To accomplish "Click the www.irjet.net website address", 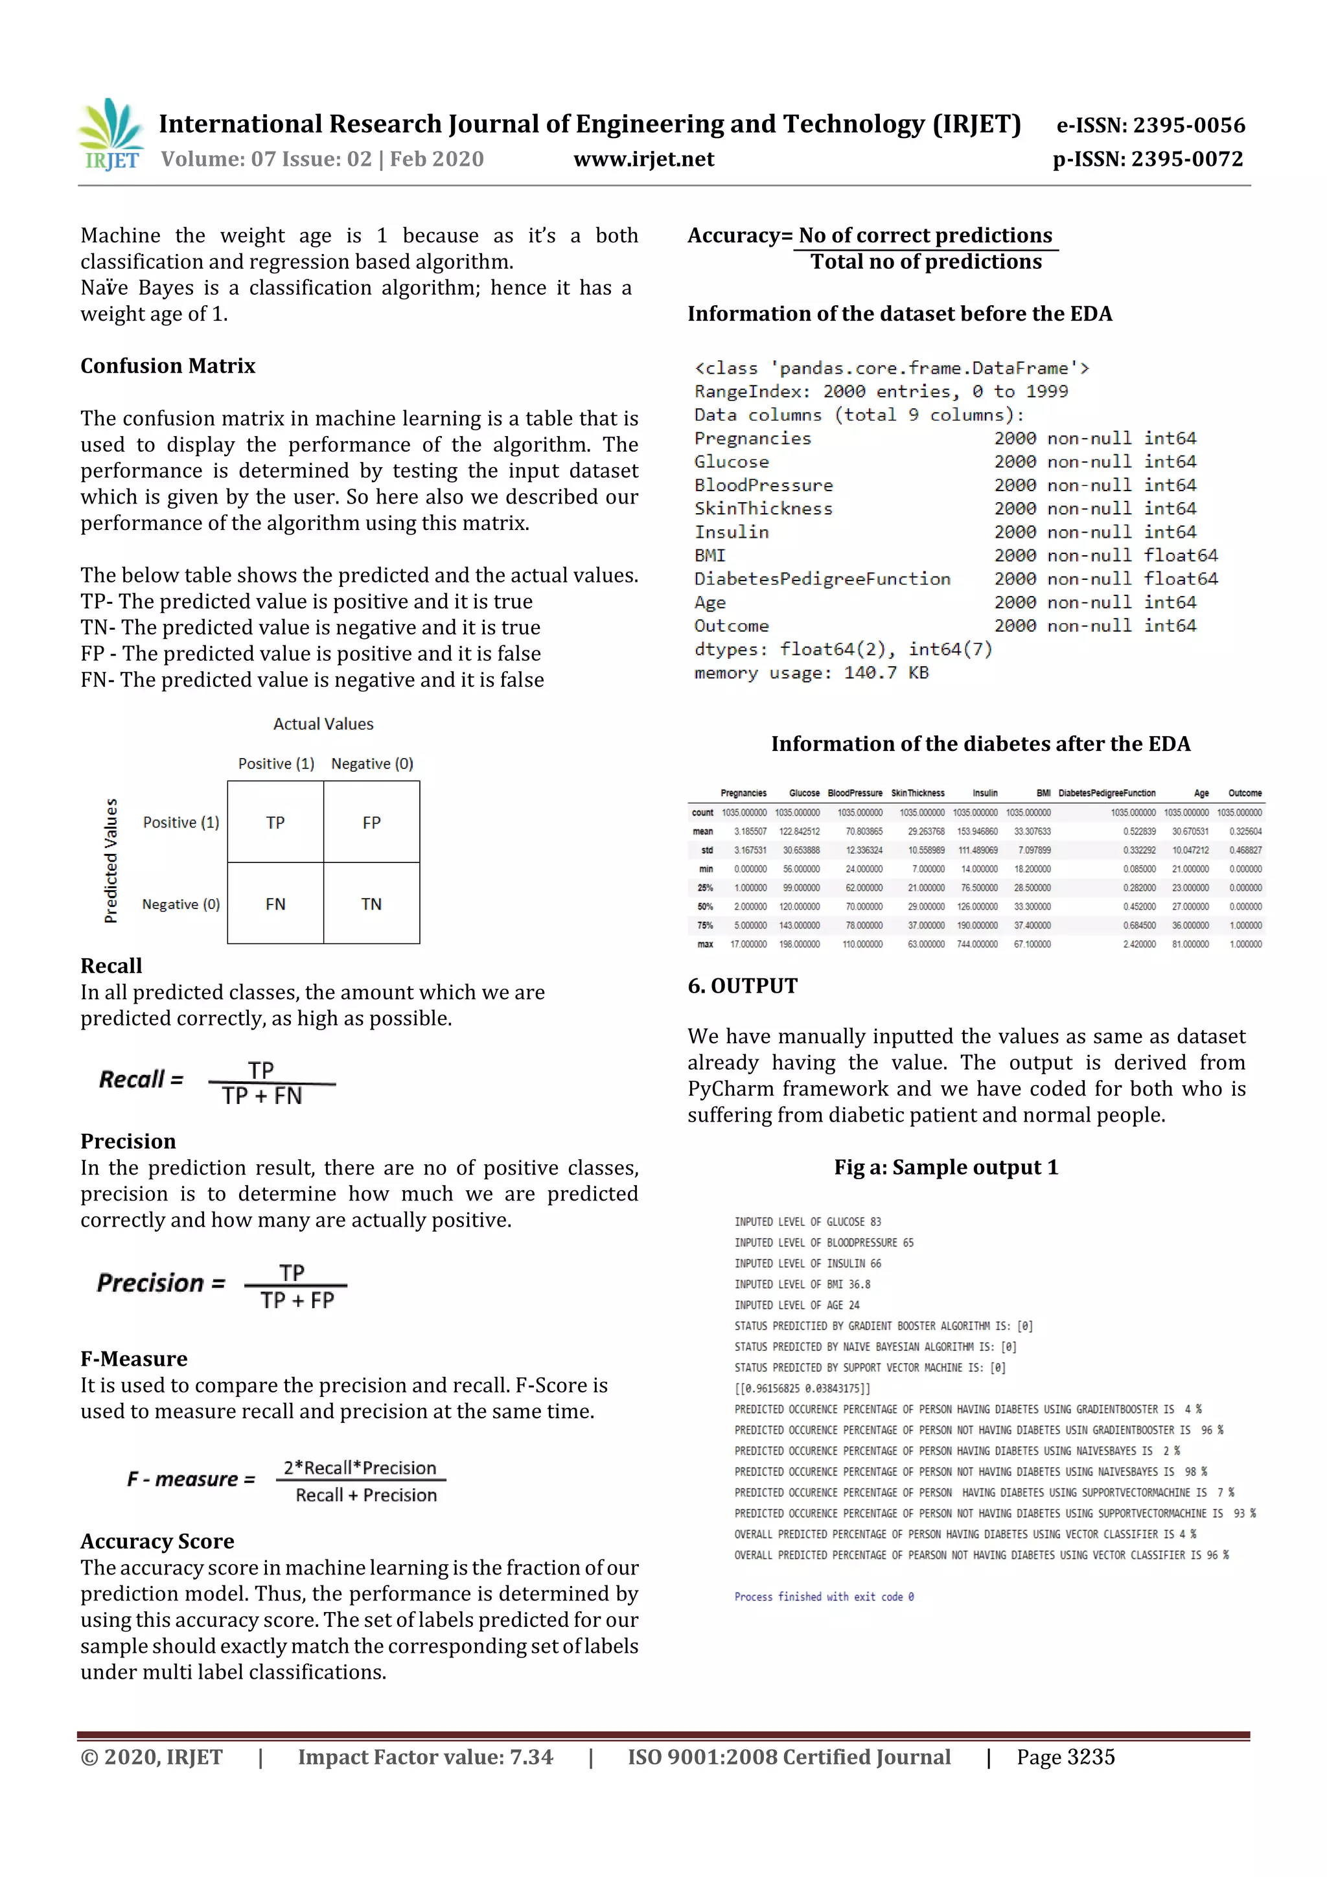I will [x=643, y=159].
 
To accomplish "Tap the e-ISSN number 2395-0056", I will [x=1188, y=125].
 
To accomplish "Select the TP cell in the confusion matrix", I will [x=275, y=822].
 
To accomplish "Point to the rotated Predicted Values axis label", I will [x=111, y=861].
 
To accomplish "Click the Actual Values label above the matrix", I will [x=323, y=724].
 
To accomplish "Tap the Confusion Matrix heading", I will [x=168, y=366].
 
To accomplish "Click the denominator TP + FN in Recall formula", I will [x=262, y=1096].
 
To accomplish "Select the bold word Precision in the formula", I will [x=150, y=1283].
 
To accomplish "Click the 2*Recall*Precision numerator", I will [x=360, y=1468].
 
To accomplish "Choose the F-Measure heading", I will [x=134, y=1359].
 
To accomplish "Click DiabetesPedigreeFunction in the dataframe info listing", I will [x=822, y=579].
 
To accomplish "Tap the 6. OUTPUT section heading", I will [x=743, y=986].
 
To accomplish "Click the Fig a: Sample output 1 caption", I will [x=946, y=1168].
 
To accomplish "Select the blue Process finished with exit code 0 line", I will [x=824, y=1596].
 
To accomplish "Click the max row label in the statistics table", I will [x=705, y=944].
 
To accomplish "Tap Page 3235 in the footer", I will [x=1065, y=1757].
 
